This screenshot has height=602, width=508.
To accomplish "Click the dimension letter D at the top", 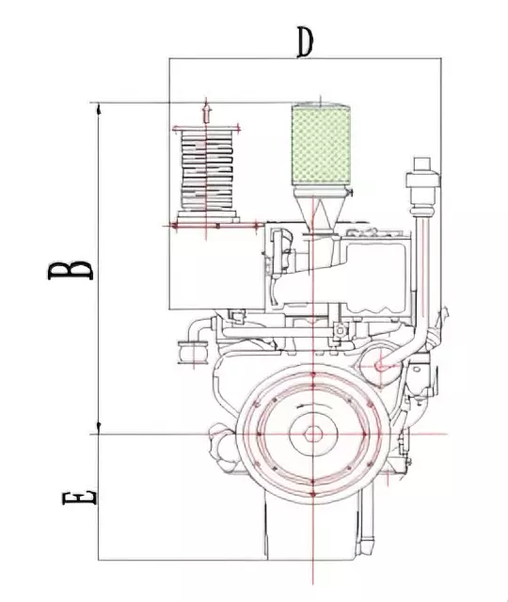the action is click(306, 42).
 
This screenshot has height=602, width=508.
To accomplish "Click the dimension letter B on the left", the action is click(71, 271).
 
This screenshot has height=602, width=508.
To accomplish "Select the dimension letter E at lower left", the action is click(79, 498).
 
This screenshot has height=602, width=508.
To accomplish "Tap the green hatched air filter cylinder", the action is click(321, 145).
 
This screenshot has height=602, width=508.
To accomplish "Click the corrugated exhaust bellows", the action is click(207, 170).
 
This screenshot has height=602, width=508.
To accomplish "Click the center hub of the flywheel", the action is click(313, 435).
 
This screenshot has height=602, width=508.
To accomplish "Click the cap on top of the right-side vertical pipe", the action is click(422, 164).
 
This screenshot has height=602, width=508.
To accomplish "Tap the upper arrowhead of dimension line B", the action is click(99, 109).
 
